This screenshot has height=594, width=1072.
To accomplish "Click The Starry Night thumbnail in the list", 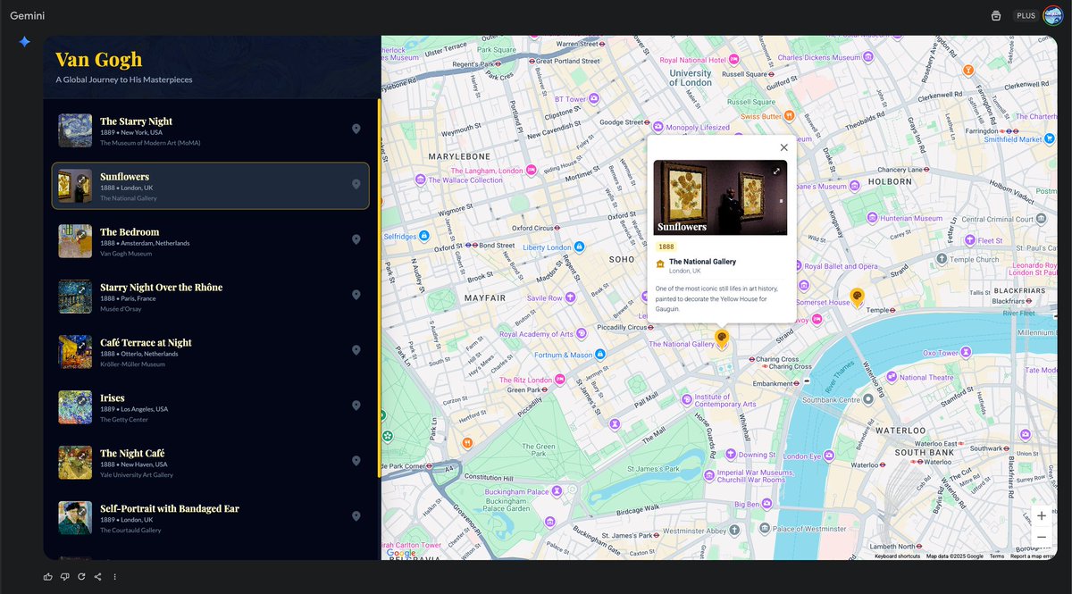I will (x=75, y=130).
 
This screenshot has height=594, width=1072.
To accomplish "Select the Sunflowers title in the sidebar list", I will (x=124, y=177).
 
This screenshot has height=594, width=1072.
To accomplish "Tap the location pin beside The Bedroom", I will (x=356, y=239).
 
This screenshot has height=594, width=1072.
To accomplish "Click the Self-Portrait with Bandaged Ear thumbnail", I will (x=75, y=518).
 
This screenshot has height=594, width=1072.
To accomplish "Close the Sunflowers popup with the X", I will (x=783, y=147).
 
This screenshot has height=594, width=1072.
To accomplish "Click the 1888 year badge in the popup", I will (x=666, y=247).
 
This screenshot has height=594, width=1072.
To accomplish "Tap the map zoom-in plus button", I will (x=1041, y=515).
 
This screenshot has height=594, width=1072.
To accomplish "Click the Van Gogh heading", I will (x=98, y=59).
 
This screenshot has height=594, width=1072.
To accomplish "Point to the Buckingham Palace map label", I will (x=512, y=491).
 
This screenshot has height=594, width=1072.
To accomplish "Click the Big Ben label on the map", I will (x=747, y=505).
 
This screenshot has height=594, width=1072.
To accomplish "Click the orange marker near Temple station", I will (x=857, y=297).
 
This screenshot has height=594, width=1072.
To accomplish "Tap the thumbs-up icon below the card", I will (x=47, y=576).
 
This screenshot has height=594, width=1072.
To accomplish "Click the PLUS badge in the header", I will (x=1026, y=16).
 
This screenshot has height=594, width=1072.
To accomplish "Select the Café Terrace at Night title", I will (x=146, y=343).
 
